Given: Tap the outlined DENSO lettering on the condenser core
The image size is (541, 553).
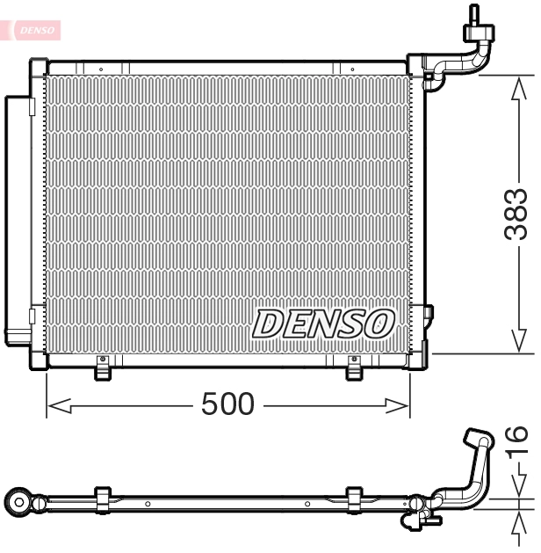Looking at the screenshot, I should click(x=323, y=324).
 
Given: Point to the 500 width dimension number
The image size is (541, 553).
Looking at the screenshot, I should click(x=227, y=404).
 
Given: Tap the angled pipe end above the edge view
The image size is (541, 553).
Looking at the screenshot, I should click(x=480, y=440).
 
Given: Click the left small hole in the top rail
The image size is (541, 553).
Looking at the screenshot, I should click(x=101, y=68).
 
